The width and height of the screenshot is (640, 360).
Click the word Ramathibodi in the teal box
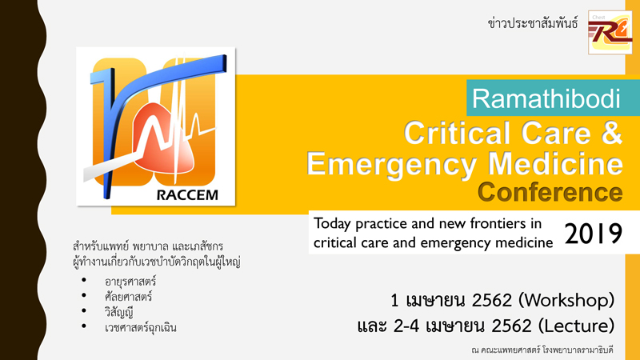tap(546, 98)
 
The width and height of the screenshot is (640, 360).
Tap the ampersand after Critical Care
tap(611, 133)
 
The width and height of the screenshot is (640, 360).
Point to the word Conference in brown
tap(550, 192)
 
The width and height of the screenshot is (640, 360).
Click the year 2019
tap(594, 234)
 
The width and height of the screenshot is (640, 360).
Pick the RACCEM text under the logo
tap(187, 195)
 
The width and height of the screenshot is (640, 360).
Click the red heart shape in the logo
tap(164, 138)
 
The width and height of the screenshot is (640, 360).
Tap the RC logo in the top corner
tap(610, 32)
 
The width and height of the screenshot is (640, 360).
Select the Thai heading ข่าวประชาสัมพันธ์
tap(533, 23)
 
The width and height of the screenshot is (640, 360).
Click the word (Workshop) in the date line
tap(566, 301)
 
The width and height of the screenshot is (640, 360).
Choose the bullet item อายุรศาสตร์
tap(130, 282)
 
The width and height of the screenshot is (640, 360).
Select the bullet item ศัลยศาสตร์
tap(128, 296)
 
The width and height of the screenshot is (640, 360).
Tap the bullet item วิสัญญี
tap(118, 312)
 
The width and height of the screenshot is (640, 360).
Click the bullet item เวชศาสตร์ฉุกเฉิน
tap(141, 327)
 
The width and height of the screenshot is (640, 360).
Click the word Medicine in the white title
tap(555, 164)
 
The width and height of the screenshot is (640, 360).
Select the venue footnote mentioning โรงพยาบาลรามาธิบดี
tap(542, 350)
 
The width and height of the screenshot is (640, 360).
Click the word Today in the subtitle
tap(332, 224)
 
